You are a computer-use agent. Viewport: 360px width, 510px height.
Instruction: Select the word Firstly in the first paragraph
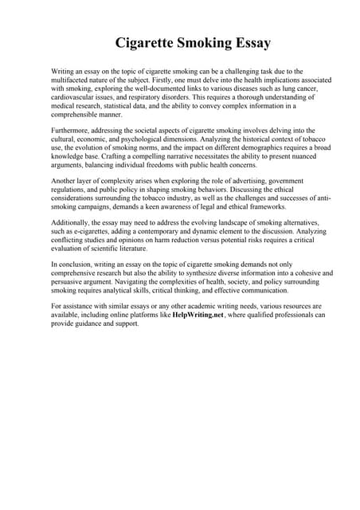click(x=158, y=80)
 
